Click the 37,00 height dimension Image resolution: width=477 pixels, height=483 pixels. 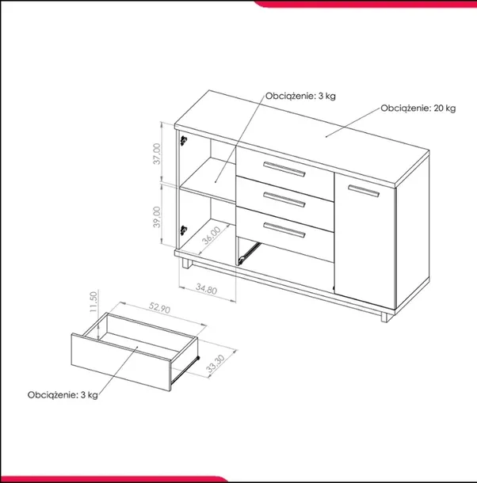(157, 154)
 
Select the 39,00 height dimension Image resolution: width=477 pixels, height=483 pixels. (157, 217)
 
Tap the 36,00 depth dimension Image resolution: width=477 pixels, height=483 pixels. (212, 235)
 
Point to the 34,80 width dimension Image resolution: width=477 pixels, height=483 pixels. (206, 289)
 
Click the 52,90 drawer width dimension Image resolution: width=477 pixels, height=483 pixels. (159, 308)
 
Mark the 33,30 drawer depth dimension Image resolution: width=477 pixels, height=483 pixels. (216, 363)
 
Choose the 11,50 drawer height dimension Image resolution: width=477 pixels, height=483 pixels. (93, 302)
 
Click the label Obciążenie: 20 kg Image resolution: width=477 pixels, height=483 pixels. (418, 108)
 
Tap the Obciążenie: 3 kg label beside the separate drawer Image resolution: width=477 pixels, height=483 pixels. (63, 395)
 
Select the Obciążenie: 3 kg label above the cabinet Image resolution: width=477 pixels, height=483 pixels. (300, 96)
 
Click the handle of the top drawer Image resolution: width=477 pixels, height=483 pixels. (284, 169)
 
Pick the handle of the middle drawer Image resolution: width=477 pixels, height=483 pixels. (284, 200)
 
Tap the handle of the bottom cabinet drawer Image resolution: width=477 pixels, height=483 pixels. (284, 230)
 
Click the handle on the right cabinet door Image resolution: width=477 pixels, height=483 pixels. (364, 190)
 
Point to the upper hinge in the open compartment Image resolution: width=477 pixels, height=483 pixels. (184, 141)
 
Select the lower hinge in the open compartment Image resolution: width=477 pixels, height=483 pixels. (184, 230)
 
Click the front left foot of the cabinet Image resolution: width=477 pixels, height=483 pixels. (186, 264)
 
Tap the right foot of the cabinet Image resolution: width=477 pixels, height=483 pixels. (384, 318)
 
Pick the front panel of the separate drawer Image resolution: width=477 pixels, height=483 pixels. (121, 363)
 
